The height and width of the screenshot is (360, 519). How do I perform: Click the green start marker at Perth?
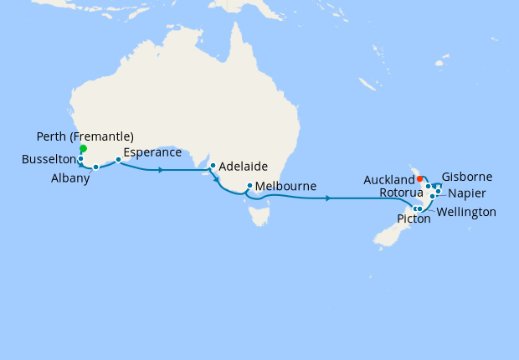tap(83, 149)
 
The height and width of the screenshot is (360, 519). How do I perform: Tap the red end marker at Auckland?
tap(419, 178)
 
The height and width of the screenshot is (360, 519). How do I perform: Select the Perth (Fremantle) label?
tap(86, 136)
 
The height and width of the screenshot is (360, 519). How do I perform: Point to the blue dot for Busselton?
tap(80, 158)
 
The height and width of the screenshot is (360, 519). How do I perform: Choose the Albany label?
tap(69, 178)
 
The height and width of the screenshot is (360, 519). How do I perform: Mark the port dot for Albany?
tap(96, 167)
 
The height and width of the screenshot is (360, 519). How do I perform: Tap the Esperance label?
tap(152, 153)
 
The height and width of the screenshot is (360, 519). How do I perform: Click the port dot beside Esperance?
tap(119, 159)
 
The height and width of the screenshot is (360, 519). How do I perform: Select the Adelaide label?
tap(244, 167)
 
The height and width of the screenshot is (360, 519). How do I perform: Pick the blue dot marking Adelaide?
tap(213, 165)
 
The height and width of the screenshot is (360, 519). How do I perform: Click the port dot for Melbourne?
tap(249, 186)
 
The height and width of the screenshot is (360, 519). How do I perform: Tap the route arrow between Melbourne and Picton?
tap(328, 198)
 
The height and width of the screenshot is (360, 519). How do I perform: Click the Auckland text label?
tap(389, 180)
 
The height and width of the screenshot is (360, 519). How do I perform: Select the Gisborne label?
tap(466, 177)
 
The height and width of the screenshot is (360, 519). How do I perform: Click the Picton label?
tap(414, 219)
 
